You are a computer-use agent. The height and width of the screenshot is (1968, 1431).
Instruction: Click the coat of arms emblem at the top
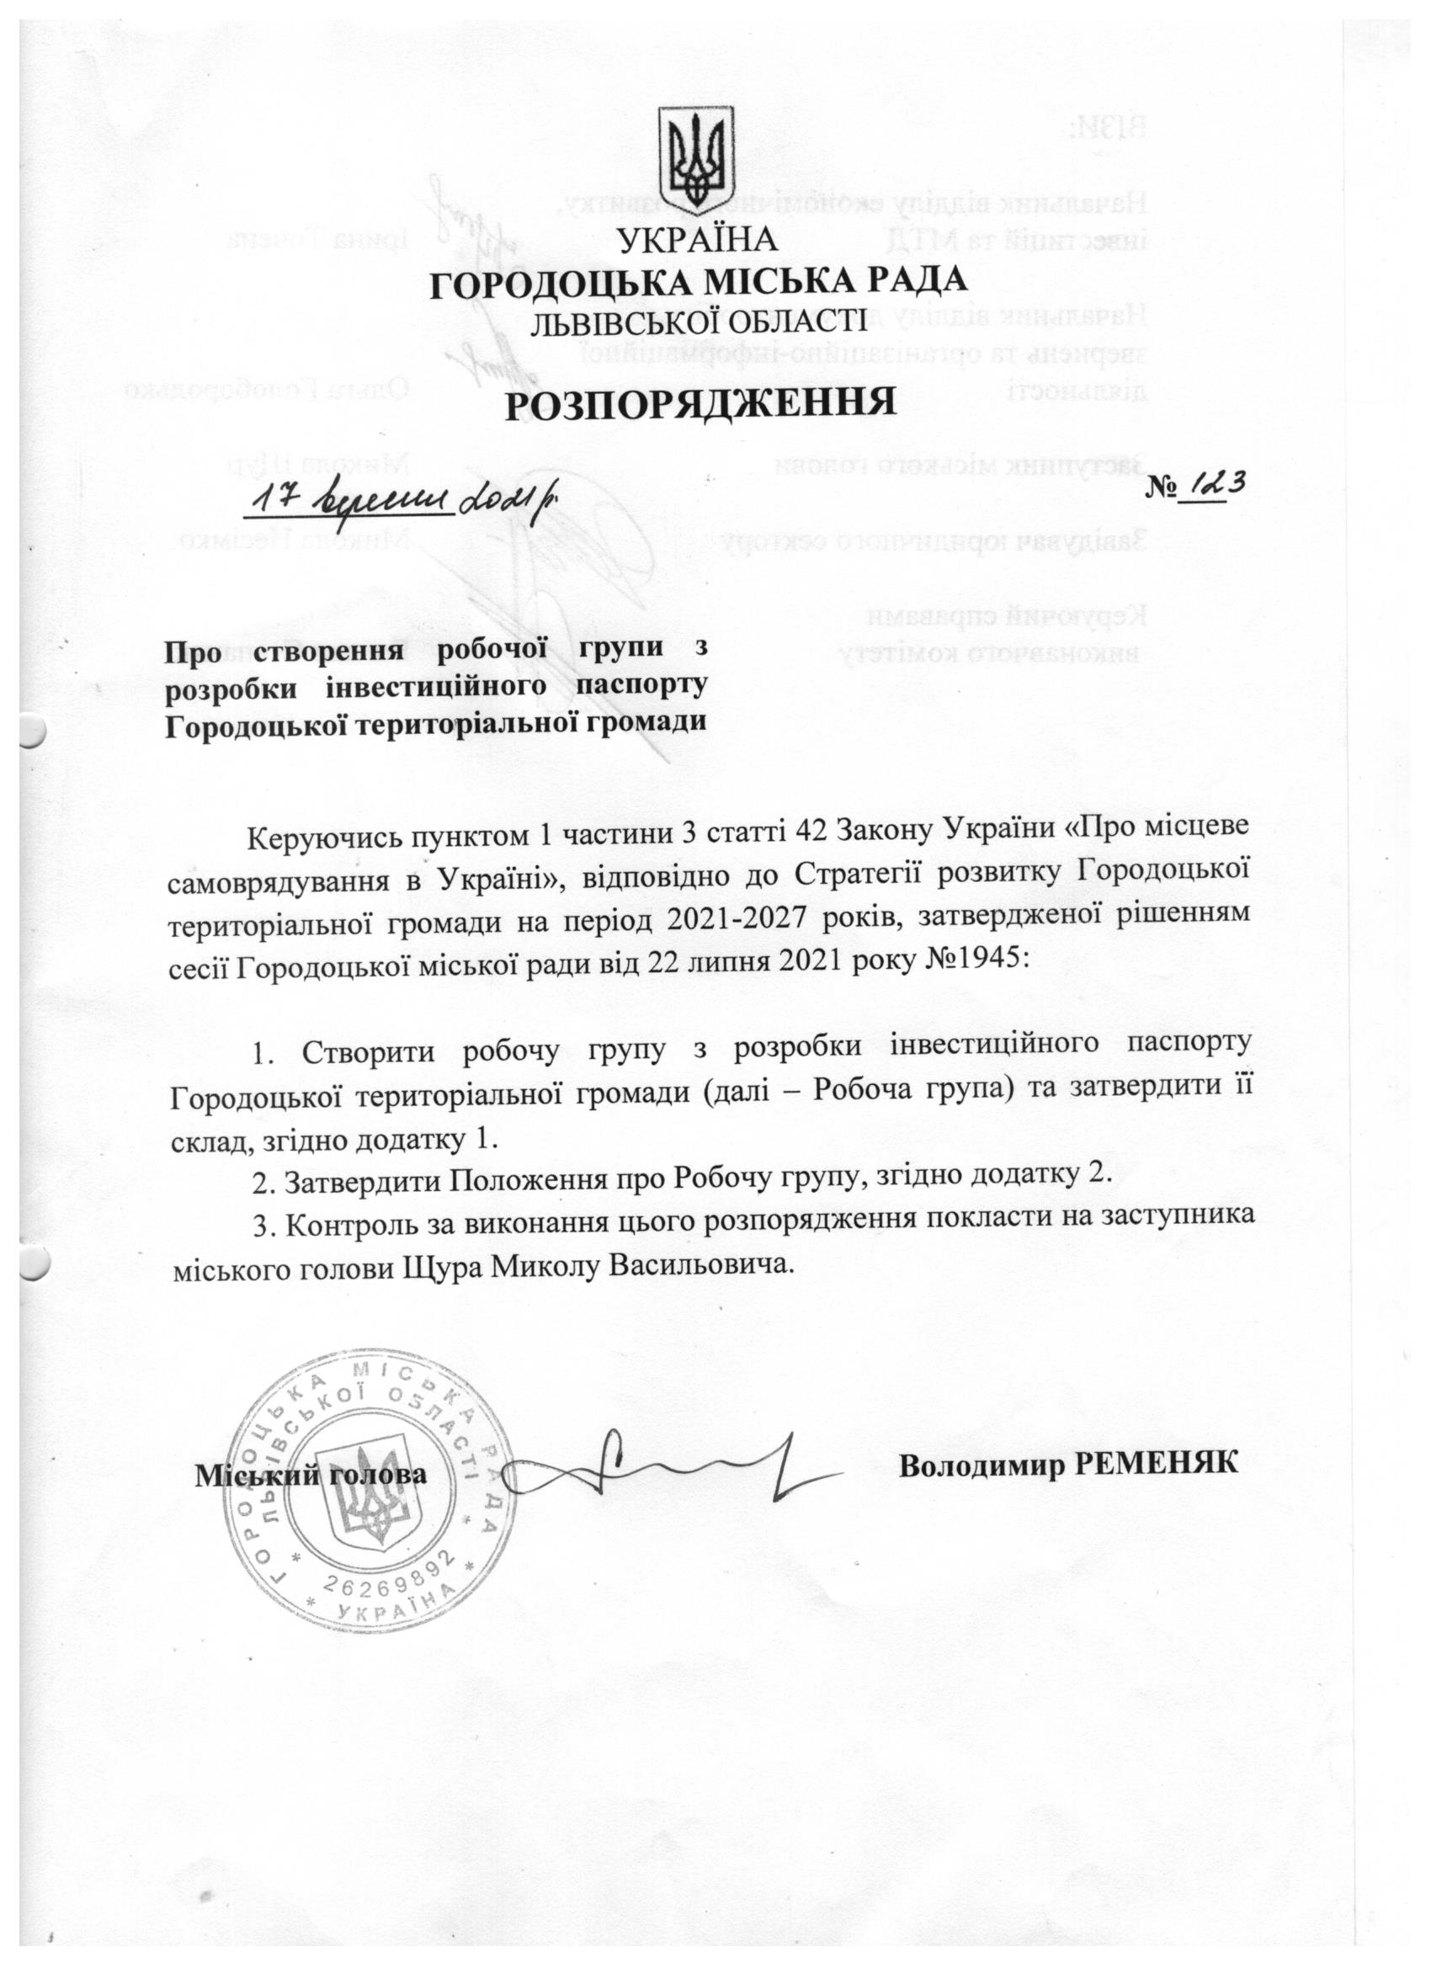[697, 157]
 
